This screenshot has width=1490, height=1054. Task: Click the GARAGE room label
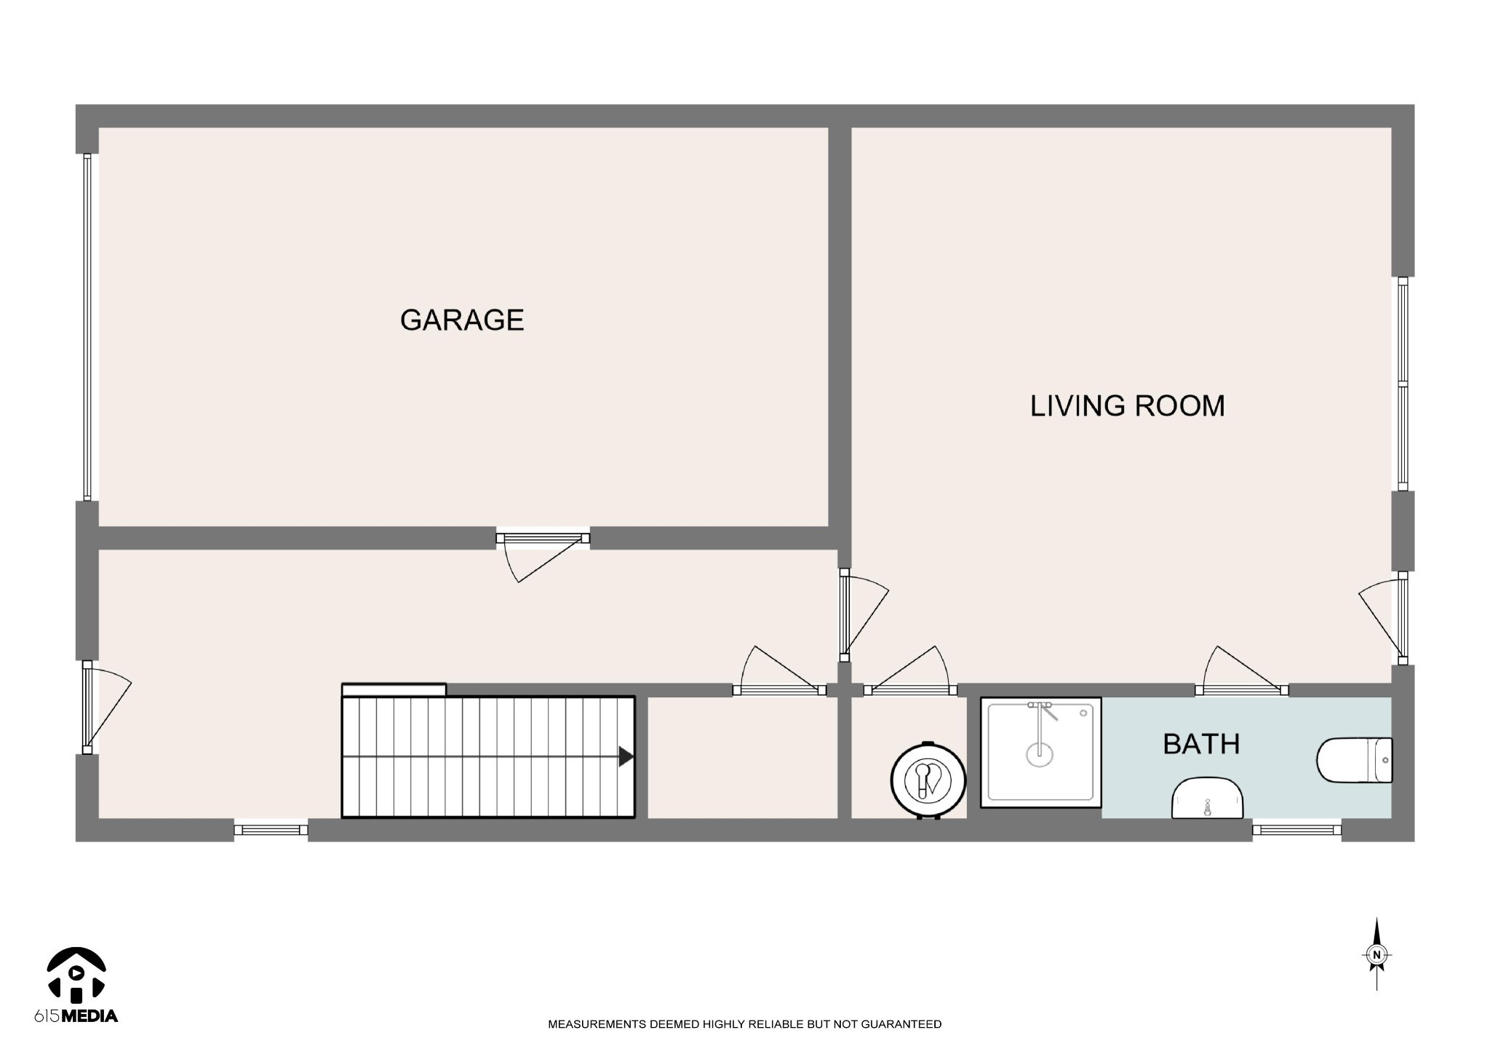462,320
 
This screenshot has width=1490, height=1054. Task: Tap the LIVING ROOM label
1127,406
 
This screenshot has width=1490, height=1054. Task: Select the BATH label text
1201,744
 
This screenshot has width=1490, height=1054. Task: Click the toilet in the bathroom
1354,761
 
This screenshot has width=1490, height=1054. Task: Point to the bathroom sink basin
1207,799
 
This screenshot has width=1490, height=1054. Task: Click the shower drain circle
1040,755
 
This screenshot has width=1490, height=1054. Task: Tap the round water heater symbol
928,780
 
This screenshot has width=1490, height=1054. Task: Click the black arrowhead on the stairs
626,757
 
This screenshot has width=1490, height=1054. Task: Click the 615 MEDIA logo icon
76,975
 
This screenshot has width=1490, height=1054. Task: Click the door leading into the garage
543,556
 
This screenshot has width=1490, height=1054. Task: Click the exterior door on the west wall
106,708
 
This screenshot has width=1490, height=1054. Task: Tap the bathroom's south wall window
1296,829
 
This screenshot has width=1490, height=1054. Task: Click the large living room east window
1403,384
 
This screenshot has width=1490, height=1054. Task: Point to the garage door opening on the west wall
87,327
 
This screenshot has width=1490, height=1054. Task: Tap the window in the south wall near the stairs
271,829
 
